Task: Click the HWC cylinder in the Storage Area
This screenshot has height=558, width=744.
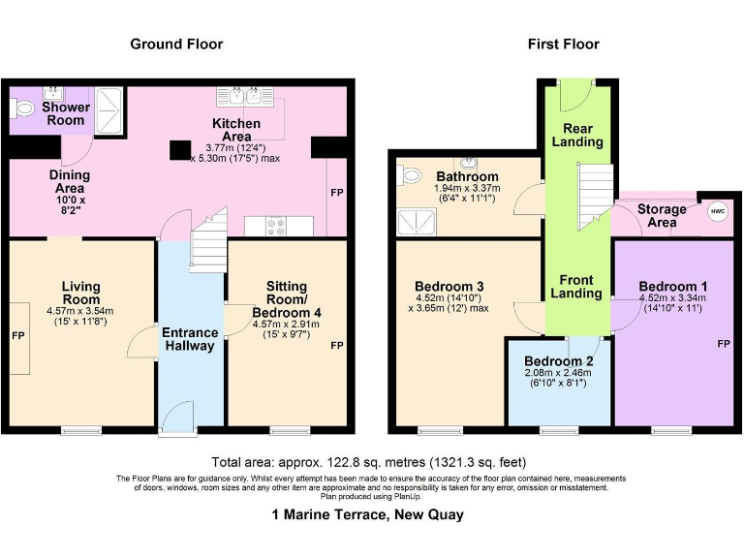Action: point(718,211)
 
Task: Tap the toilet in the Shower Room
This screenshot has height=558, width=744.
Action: point(22,109)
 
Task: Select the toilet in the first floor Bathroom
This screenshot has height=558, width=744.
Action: point(409,175)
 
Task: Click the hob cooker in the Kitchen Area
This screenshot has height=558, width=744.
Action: point(276,226)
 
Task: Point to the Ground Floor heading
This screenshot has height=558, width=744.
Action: point(176,45)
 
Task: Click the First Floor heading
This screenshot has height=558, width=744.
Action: point(564,45)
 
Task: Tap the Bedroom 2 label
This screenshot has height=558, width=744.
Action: point(558,360)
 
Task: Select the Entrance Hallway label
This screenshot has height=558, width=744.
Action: point(190,339)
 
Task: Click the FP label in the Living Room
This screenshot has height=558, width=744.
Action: point(18,336)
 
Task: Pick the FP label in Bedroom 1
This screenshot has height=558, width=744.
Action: point(724,344)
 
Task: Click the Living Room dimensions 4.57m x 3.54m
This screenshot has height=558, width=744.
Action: point(80,311)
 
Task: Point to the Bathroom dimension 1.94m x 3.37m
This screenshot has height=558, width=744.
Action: point(467,188)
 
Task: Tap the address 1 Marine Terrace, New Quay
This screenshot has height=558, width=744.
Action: point(368,514)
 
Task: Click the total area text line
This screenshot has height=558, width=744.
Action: point(369,462)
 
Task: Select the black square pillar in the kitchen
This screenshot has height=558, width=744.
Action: point(181,150)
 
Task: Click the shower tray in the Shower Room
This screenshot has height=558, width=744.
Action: point(109,109)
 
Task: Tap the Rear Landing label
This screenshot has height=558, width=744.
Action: point(577,135)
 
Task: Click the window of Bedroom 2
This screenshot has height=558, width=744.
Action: point(559,430)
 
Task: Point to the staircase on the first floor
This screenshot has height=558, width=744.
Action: point(596,196)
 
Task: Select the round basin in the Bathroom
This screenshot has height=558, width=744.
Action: point(469,163)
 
